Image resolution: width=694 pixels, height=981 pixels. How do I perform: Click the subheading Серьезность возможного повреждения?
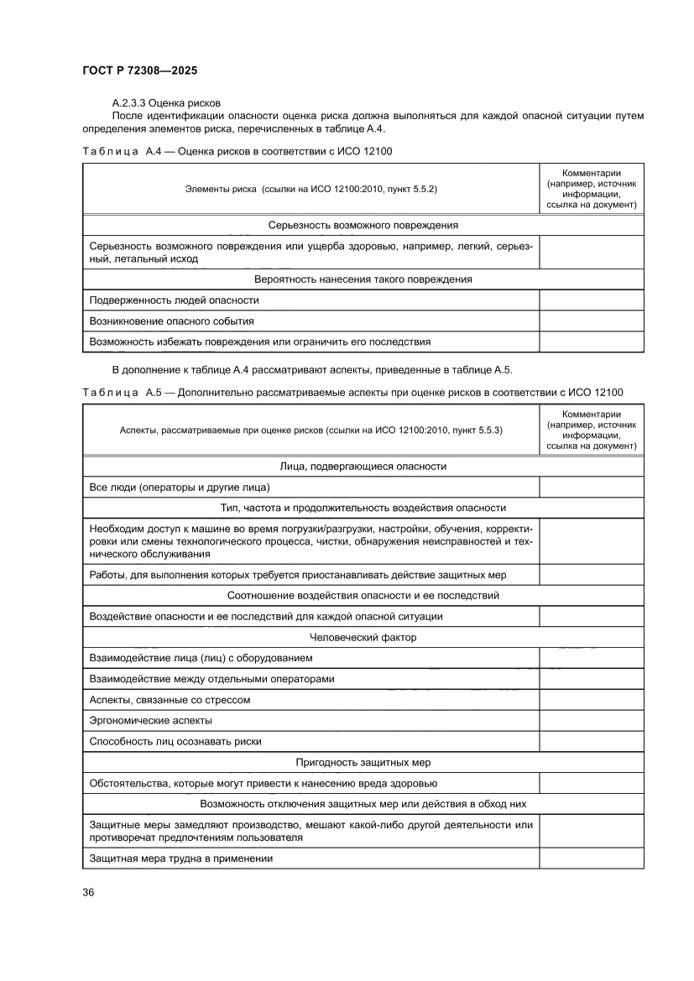(363, 225)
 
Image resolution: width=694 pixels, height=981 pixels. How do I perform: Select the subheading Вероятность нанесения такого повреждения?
(363, 279)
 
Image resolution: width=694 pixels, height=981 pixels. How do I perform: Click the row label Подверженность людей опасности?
(174, 300)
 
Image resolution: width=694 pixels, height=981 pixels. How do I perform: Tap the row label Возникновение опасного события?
(171, 321)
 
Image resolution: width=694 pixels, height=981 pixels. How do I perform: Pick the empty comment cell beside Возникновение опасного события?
(591, 321)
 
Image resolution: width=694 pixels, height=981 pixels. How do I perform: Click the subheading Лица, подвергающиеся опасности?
(363, 466)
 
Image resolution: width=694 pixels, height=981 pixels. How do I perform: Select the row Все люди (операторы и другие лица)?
(179, 487)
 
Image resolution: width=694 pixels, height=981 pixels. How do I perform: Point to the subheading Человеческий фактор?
(363, 638)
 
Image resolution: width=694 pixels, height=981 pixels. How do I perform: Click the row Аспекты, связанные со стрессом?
(170, 699)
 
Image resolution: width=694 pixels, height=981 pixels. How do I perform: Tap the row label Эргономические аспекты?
(150, 720)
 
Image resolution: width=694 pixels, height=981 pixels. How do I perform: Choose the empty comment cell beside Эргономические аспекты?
(591, 720)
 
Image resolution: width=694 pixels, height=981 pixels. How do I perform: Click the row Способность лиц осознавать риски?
(175, 741)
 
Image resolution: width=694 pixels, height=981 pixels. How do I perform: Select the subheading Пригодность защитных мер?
(363, 762)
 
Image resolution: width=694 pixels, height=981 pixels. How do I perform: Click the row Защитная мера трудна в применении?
(181, 858)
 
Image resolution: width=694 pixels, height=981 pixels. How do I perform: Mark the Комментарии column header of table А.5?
(591, 430)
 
